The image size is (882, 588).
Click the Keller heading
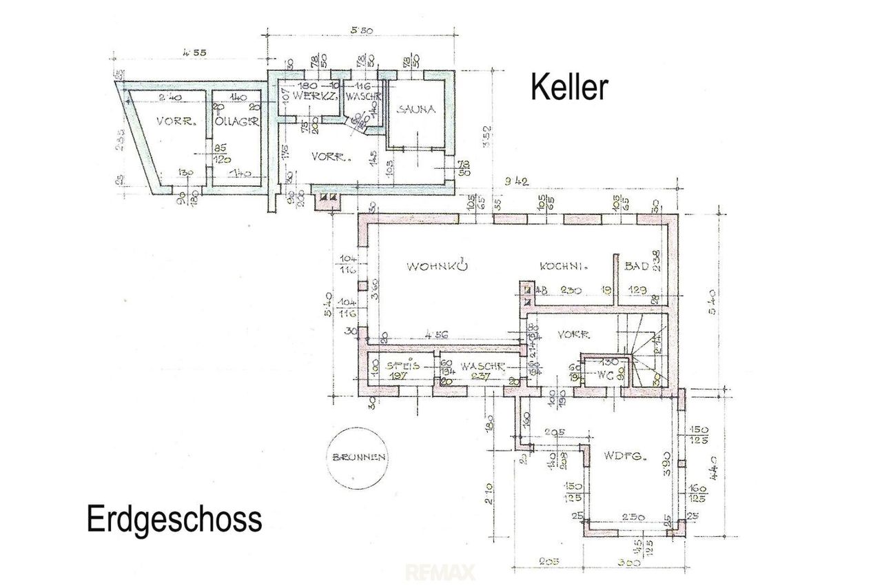569,88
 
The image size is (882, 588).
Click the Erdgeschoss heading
174,519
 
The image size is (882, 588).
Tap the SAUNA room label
413,109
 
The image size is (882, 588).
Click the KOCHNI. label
563,266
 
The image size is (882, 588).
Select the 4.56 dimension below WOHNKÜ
436,334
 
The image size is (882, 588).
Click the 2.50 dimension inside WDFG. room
622,517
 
